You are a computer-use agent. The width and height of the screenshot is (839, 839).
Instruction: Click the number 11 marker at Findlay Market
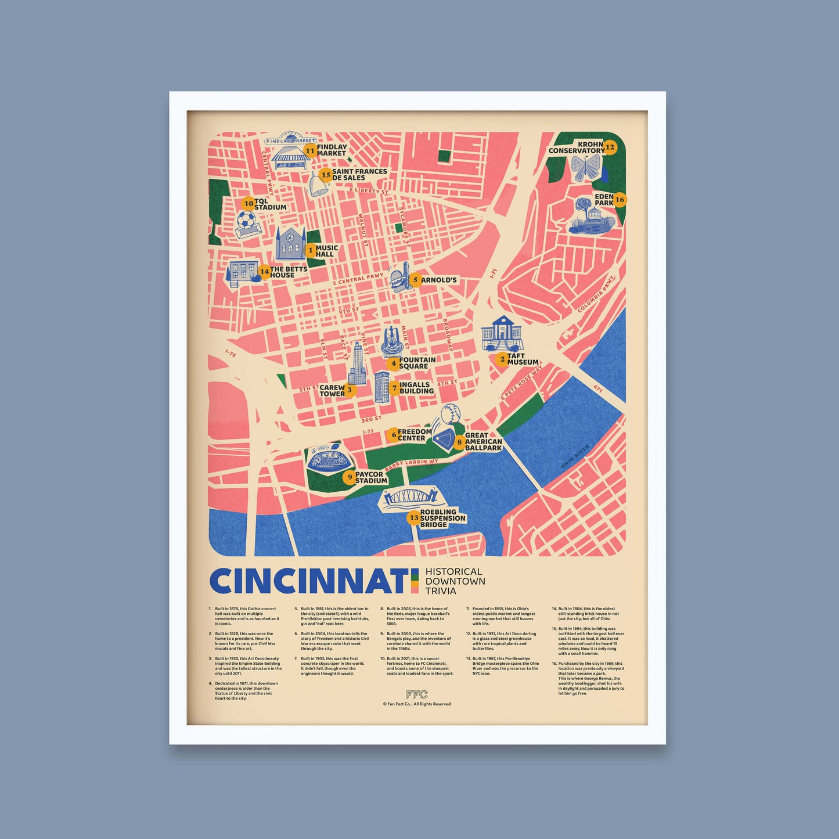[x=310, y=151]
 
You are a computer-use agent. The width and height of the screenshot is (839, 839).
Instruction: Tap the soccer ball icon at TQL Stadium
[x=246, y=220]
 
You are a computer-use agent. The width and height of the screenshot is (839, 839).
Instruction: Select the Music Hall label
[x=326, y=251]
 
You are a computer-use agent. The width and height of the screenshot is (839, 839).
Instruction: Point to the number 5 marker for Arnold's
[x=415, y=280]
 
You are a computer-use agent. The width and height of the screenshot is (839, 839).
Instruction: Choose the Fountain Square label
[x=417, y=363]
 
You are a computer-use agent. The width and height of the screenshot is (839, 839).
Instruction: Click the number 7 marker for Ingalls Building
[x=394, y=387]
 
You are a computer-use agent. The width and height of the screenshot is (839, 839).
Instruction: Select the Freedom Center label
[x=415, y=435]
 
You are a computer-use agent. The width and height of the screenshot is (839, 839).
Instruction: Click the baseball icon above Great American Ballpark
[x=451, y=415]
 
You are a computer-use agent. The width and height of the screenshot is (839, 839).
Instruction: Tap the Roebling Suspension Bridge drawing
[x=410, y=498]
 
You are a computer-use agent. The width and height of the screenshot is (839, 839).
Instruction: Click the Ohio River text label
[x=575, y=457]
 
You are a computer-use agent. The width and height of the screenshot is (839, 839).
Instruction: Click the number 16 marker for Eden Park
[x=620, y=200]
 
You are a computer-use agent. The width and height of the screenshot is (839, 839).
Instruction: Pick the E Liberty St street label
[x=369, y=190]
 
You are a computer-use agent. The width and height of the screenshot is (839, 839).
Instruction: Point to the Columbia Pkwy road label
[x=596, y=294]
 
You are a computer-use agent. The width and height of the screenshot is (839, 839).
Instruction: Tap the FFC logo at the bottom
[x=416, y=694]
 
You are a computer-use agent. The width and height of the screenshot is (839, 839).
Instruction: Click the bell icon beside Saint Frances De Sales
[x=317, y=185]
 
